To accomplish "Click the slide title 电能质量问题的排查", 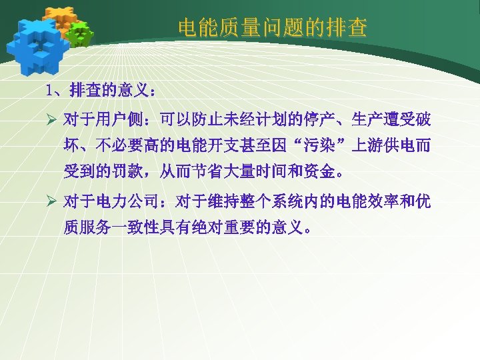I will coord(272,27).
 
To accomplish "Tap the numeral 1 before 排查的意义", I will coord(49,89).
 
